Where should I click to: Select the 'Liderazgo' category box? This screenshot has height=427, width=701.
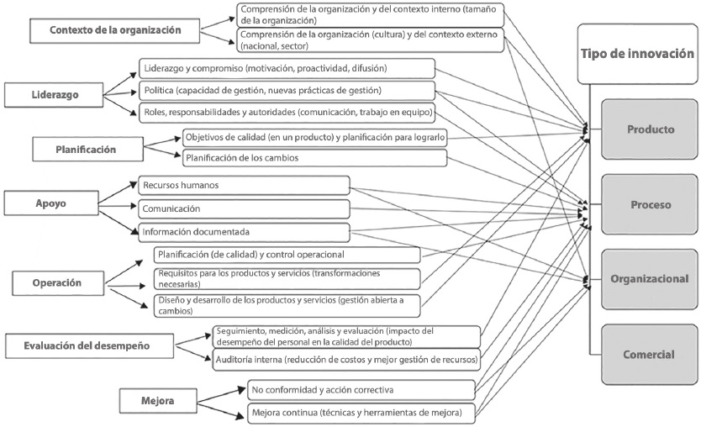pyautogui.click(x=56, y=95)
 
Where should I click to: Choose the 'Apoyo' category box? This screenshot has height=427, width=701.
pyautogui.click(x=52, y=203)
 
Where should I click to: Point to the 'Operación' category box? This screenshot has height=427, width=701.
pyautogui.click(x=58, y=283)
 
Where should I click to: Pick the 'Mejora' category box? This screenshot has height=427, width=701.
pyautogui.click(x=158, y=401)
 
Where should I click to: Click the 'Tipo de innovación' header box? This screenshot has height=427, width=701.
pyautogui.click(x=637, y=54)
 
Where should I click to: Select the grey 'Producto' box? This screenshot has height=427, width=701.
pyautogui.click(x=651, y=129)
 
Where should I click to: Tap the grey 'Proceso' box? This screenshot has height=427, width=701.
pyautogui.click(x=651, y=204)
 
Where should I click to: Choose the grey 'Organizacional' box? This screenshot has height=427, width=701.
pyautogui.click(x=651, y=279)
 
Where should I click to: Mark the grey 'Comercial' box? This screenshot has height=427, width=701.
pyautogui.click(x=651, y=354)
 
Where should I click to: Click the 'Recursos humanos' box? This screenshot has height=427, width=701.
pyautogui.click(x=243, y=184)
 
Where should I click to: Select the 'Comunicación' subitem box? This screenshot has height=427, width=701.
pyautogui.click(x=243, y=208)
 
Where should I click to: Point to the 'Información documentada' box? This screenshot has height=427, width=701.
pyautogui.click(x=243, y=232)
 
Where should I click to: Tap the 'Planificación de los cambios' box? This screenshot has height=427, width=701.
pyautogui.click(x=314, y=157)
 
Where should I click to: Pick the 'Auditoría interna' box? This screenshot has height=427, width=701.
pyautogui.click(x=345, y=360)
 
